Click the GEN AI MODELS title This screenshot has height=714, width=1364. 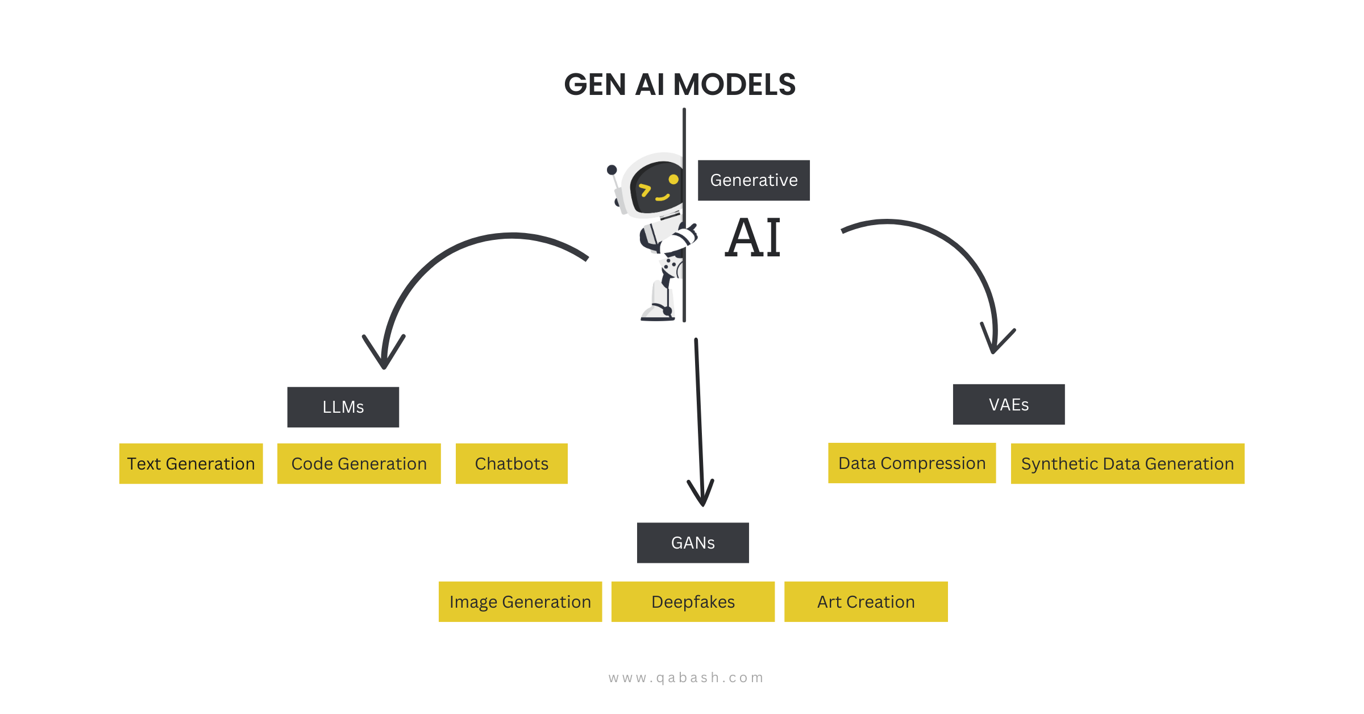point(680,85)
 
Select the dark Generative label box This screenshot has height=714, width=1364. point(754,180)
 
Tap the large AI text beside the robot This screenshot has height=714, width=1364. point(753,238)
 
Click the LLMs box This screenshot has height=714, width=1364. point(343,407)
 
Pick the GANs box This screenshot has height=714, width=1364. point(693,543)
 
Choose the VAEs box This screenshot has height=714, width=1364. point(1009,404)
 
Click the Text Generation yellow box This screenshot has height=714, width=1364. point(191,464)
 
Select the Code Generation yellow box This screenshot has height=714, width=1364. point(359,464)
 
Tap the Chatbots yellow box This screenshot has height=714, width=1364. point(511,464)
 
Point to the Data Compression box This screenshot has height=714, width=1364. point(912,463)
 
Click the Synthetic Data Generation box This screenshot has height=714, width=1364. point(1128,464)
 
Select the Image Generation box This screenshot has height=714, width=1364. point(520,601)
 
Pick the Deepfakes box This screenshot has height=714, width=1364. point(693,601)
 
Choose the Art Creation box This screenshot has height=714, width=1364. point(866,601)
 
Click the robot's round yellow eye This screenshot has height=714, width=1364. point(673,179)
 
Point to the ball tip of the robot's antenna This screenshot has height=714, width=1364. point(612,169)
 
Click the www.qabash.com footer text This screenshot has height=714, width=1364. point(686,678)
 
